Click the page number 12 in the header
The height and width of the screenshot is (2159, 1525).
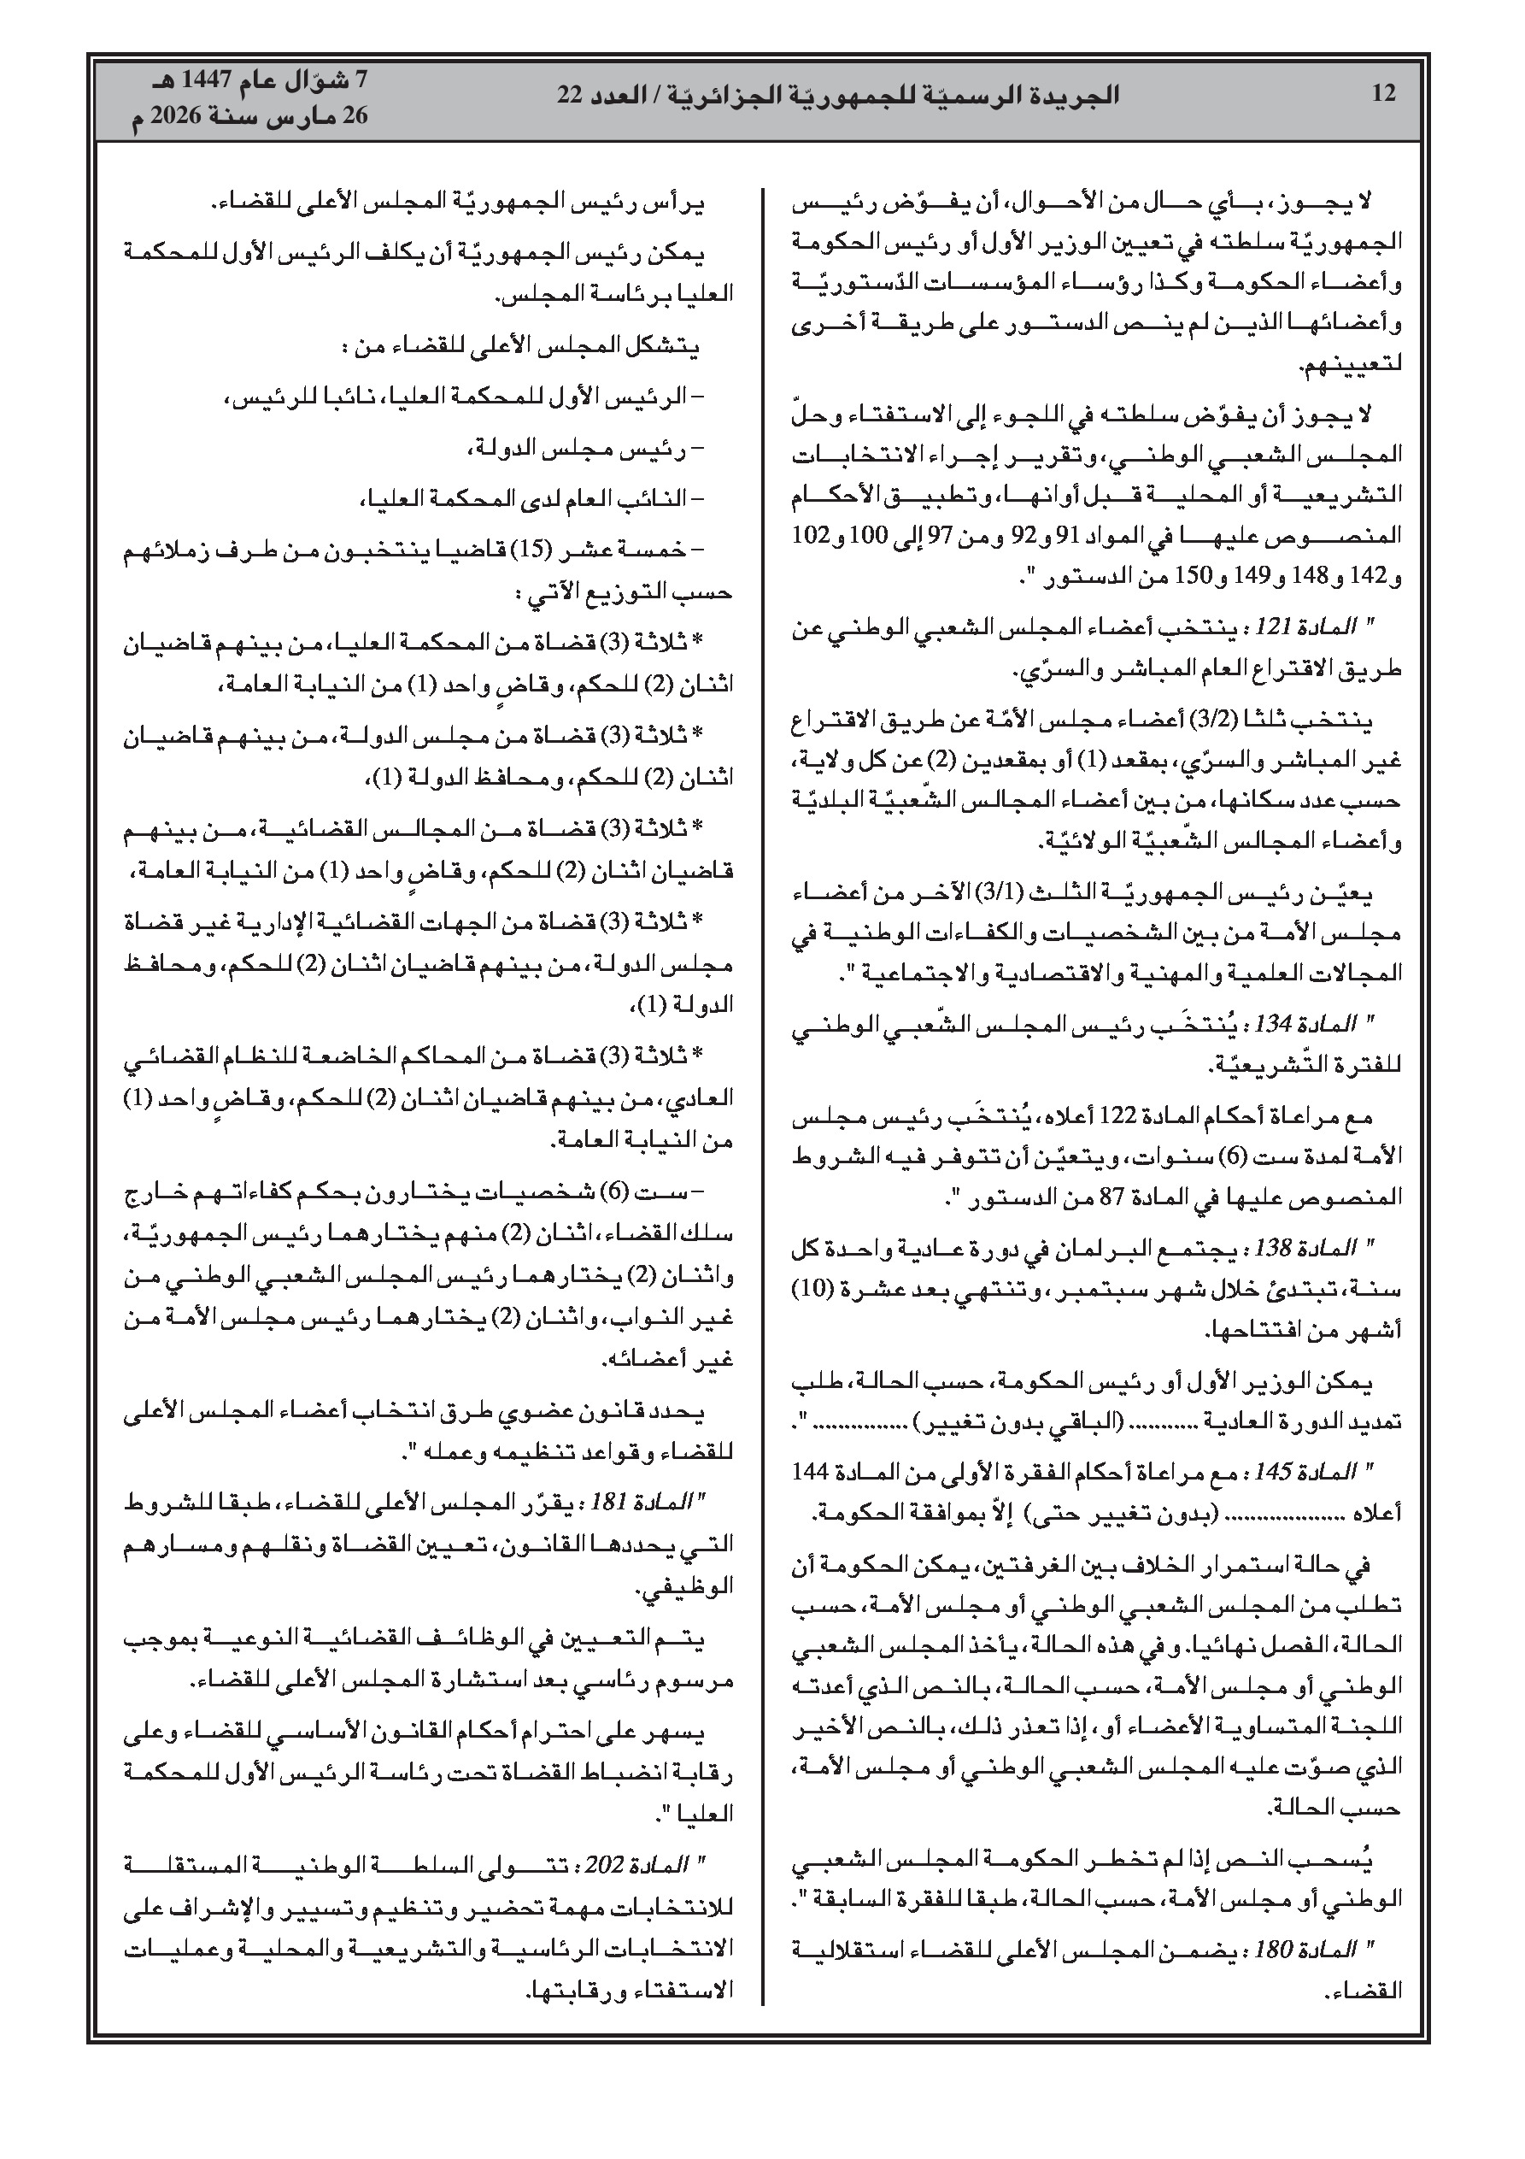pos(1383,94)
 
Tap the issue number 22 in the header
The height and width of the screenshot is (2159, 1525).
pos(571,94)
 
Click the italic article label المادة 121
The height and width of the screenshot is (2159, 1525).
pos(1327,627)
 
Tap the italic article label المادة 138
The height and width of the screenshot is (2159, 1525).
pos(1327,1248)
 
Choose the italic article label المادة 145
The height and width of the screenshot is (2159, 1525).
pos(1327,1472)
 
